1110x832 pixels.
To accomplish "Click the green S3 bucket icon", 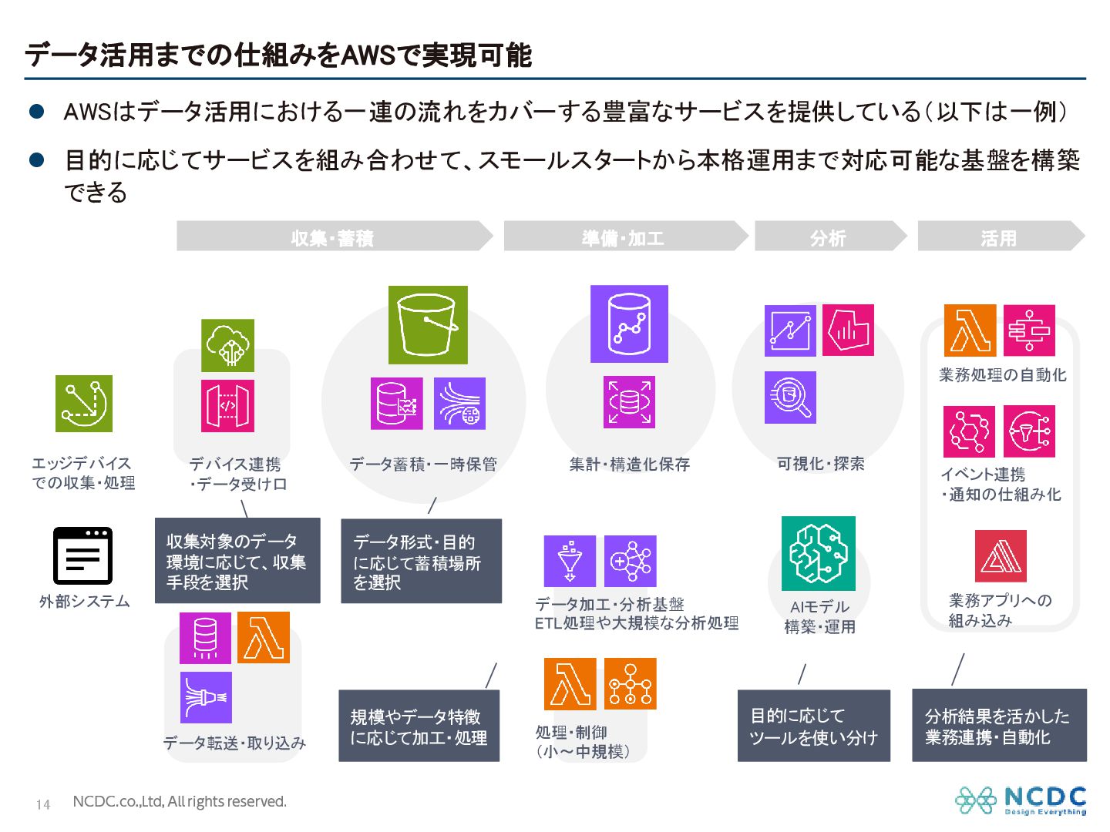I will [x=428, y=324].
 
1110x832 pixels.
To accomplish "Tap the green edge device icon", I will [x=84, y=404].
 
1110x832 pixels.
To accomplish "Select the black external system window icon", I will [x=82, y=555].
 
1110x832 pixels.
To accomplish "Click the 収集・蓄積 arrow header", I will [x=333, y=237].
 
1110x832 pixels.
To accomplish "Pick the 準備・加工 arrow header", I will [x=624, y=237].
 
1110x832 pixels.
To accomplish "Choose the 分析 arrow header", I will [x=829, y=237].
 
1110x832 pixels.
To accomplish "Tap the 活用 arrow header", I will [x=999, y=237].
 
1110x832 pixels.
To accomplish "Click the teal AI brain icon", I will [x=818, y=553].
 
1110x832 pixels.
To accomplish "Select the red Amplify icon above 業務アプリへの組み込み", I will [x=1001, y=555].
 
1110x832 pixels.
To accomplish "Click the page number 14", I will [x=43, y=804].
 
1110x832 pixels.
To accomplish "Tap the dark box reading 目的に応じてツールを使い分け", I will [x=813, y=726].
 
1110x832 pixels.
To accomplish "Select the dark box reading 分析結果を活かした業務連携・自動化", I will [x=998, y=726].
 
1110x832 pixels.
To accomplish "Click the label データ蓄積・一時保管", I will [x=423, y=464].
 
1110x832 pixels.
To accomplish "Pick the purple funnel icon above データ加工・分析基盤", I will [x=570, y=561].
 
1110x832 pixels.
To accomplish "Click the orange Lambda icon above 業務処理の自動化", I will [x=970, y=330].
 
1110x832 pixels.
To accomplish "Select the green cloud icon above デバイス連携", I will [x=227, y=345].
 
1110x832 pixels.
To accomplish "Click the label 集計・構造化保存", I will [x=629, y=464].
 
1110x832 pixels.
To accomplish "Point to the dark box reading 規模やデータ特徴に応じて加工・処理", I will [x=419, y=726].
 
